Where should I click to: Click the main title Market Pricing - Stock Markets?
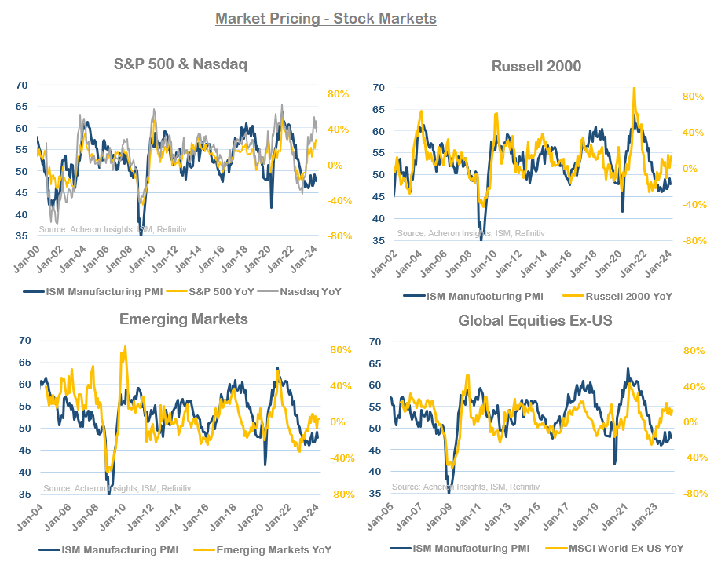(325, 18)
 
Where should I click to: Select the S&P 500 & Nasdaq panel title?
(179, 64)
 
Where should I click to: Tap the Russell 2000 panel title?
(536, 66)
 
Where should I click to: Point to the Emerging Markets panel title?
(183, 319)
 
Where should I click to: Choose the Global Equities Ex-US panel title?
(536, 320)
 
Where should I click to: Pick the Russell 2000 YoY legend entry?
(617, 296)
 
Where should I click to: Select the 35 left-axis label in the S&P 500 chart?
(22, 235)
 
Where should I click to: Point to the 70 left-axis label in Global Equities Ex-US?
(375, 342)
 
